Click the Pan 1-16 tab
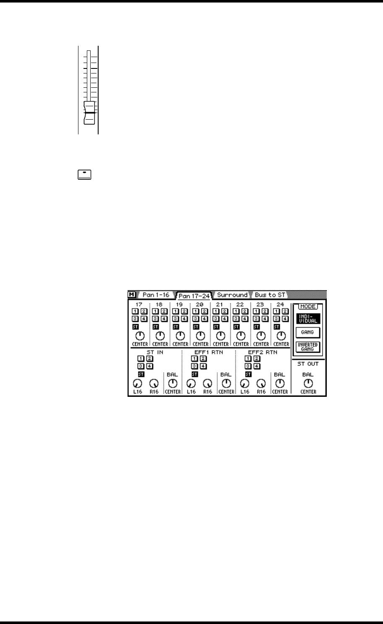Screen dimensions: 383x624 [x=155, y=295]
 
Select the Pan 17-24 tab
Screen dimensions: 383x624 [x=194, y=296]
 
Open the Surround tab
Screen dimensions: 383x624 [x=232, y=295]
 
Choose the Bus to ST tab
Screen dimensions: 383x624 [x=270, y=295]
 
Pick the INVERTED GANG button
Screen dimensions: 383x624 [x=308, y=347]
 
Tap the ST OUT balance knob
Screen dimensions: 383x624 [x=308, y=383]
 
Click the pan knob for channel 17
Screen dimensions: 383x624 [x=140, y=336]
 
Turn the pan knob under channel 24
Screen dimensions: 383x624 [x=281, y=336]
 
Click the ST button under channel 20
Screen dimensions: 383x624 [x=196, y=326]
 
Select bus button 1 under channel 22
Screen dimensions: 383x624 [x=236, y=311]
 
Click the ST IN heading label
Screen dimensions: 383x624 [x=154, y=352]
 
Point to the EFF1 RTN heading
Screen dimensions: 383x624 [x=208, y=352]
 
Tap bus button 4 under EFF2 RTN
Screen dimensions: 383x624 [x=257, y=366]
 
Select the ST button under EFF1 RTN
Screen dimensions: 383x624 [x=195, y=374]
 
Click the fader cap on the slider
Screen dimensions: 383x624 [x=89, y=113]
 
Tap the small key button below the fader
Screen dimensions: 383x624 [x=84, y=175]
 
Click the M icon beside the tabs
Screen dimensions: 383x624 [x=131, y=295]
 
